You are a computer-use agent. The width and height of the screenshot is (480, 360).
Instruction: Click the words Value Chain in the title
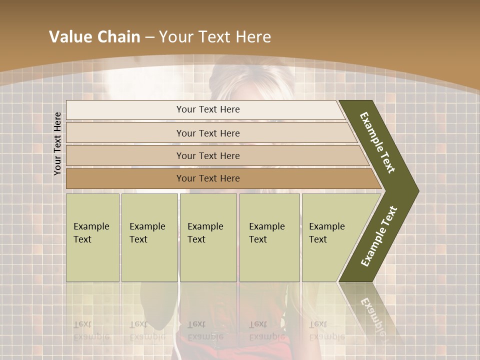click(x=94, y=37)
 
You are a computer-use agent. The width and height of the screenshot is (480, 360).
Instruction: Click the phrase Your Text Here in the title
click(x=215, y=37)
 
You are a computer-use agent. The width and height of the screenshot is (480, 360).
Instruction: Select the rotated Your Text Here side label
click(x=57, y=143)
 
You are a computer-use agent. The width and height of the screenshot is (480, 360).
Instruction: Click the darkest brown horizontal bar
click(x=125, y=178)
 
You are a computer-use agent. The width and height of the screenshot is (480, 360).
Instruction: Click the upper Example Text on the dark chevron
click(x=377, y=142)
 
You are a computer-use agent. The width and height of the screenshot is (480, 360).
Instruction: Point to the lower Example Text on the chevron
click(x=379, y=236)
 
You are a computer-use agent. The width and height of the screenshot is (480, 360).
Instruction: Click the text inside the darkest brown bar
click(x=208, y=178)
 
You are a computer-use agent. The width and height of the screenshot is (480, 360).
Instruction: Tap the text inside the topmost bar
click(x=208, y=109)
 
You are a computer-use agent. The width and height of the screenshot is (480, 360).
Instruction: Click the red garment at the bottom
click(x=225, y=345)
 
